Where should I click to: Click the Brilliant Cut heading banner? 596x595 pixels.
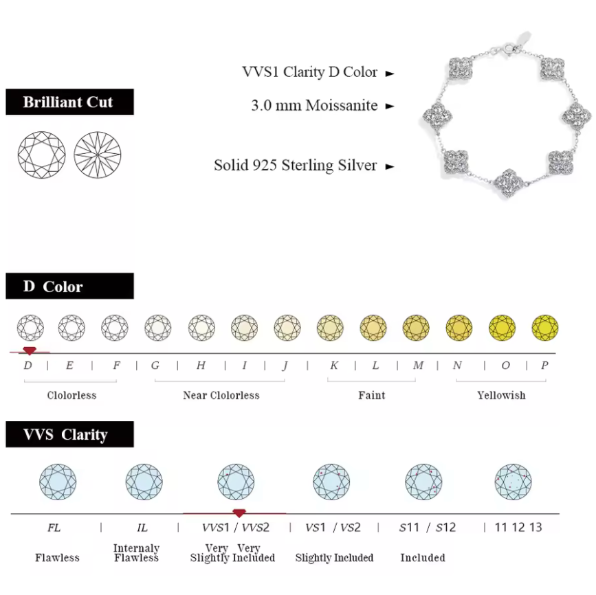pos(69,102)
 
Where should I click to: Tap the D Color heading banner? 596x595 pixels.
pos(69,287)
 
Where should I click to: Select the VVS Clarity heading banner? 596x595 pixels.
pos(69,435)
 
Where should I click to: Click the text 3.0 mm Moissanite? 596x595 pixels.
pos(314,106)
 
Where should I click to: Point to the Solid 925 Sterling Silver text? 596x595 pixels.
pos(296,166)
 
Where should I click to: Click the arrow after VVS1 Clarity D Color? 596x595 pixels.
pos(390,74)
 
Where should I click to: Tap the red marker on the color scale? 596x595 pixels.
pos(30,350)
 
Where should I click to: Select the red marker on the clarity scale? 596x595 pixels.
pos(239,513)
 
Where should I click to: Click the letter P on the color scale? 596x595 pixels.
pos(544,366)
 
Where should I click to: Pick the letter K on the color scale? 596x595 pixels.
pos(333,366)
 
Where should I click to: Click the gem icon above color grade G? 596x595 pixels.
pos(158,327)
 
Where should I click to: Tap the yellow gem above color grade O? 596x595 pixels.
pos(503,327)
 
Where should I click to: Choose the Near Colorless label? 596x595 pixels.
pos(221,395)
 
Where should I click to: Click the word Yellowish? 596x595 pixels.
pos(501,395)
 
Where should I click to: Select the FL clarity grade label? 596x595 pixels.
pos(54,528)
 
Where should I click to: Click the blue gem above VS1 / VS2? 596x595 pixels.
pos(331,482)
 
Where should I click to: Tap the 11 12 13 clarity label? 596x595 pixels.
pos(518,528)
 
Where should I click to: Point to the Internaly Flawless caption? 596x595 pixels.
pos(136,553)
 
